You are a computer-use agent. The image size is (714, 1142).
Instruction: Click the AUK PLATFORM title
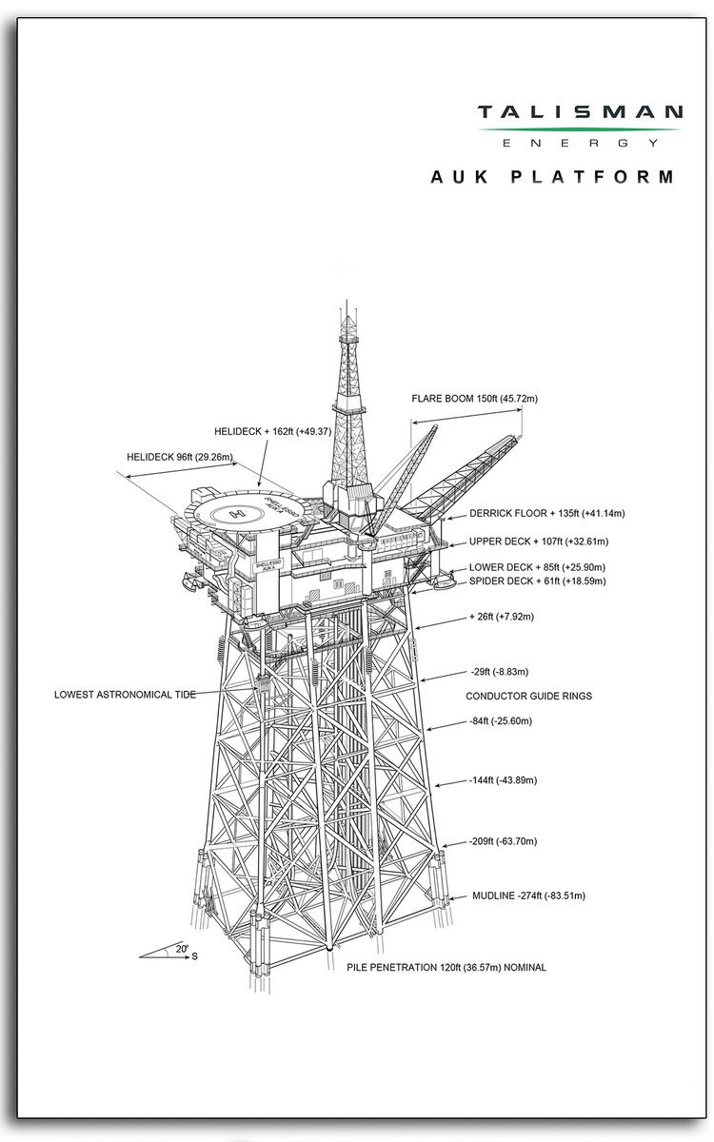coord(552,177)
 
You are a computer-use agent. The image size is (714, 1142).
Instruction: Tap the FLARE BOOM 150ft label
coord(474,399)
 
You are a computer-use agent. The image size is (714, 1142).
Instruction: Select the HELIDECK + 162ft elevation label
coord(272,432)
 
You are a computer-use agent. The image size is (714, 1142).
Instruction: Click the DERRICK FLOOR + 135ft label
coord(546,514)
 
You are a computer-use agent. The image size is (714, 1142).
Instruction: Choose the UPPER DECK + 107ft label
coord(539,541)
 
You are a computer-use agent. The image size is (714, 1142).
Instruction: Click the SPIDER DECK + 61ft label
coord(538,581)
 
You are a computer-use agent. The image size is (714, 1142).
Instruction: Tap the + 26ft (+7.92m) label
coord(502,617)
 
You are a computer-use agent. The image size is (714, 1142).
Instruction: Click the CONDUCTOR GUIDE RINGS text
coord(528,697)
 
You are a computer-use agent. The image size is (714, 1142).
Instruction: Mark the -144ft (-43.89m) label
coord(504,780)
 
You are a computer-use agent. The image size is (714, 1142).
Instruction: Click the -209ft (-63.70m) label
coord(504,841)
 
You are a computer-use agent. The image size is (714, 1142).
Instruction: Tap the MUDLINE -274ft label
coord(528,896)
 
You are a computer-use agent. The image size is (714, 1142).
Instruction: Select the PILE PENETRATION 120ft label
coord(447,968)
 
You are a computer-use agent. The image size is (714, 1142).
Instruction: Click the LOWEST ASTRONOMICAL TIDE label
coord(125,695)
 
